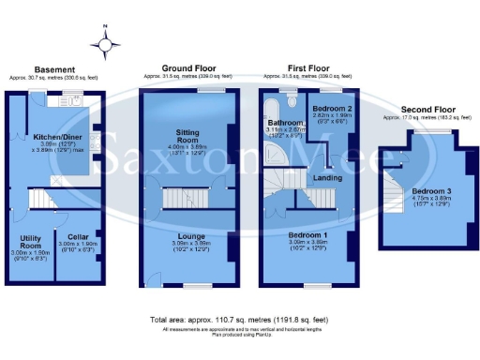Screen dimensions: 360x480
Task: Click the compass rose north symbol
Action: [106, 42]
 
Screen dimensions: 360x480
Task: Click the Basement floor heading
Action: [54, 70]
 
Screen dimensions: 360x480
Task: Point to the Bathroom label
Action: [283, 123]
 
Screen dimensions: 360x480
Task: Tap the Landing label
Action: [327, 178]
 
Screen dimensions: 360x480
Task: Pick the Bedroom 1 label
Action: [307, 234]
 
